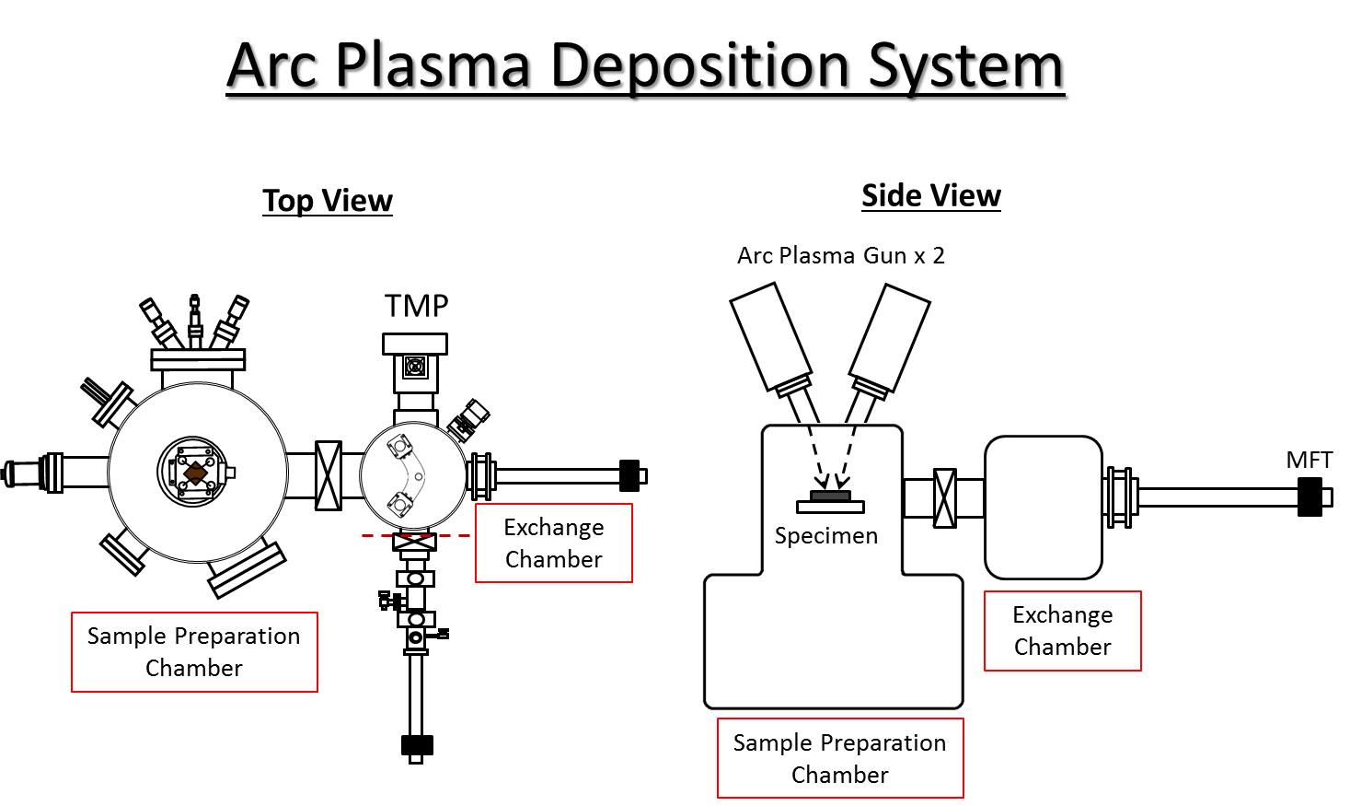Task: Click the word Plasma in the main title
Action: coord(433,66)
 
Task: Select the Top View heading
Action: coord(328,200)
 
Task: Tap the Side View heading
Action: coord(931,195)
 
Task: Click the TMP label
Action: coord(417,306)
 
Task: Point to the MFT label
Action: coord(1309,460)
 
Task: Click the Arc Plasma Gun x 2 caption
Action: coord(841,256)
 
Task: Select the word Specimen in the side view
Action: coord(826,536)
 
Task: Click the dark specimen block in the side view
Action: coord(830,496)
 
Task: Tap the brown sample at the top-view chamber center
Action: coord(195,473)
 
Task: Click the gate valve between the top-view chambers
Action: coord(329,475)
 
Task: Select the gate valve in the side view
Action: coord(944,498)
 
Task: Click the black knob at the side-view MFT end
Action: coord(1309,497)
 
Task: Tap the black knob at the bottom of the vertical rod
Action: coord(417,746)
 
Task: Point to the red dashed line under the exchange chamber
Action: coord(416,536)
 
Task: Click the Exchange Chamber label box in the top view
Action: coord(554,543)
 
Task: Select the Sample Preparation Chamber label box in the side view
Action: coord(840,758)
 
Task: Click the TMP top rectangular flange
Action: coord(415,344)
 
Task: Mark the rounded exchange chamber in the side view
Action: coord(1044,508)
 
